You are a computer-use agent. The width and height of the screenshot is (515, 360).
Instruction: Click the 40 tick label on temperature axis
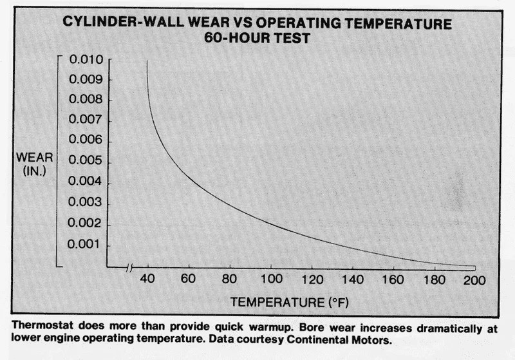click(147, 281)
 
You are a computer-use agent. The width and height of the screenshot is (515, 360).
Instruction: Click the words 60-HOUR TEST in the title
click(257, 39)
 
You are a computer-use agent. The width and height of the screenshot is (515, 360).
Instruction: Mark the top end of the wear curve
click(147, 61)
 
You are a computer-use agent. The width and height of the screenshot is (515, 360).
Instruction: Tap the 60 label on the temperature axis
click(188, 281)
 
